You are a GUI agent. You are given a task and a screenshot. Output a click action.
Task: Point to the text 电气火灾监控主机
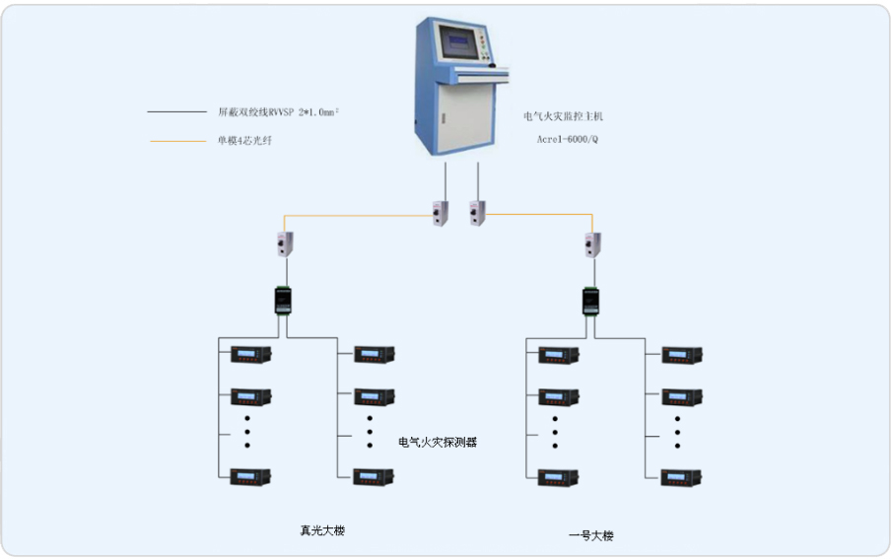pyautogui.click(x=563, y=116)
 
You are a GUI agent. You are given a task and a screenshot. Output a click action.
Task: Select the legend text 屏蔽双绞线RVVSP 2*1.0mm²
pyautogui.click(x=278, y=111)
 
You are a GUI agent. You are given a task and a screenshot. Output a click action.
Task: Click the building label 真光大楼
pyautogui.click(x=322, y=530)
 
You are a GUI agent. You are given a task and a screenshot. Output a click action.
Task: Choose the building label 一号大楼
pyautogui.click(x=591, y=535)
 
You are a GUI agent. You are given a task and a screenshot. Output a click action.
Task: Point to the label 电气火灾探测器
pyautogui.click(x=438, y=443)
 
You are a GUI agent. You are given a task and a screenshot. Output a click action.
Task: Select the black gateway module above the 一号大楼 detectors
pyautogui.click(x=591, y=300)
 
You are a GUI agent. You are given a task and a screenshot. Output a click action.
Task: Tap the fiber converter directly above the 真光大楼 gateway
pyautogui.click(x=288, y=243)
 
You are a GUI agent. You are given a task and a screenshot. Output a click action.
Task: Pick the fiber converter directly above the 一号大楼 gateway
pyautogui.click(x=592, y=243)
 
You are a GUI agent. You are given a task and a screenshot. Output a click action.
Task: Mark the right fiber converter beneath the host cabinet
pyautogui.click(x=477, y=212)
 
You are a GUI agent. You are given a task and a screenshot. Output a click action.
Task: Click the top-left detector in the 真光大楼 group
pyautogui.click(x=250, y=354)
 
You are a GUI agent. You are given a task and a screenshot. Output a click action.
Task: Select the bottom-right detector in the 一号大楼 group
pyautogui.click(x=682, y=477)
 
